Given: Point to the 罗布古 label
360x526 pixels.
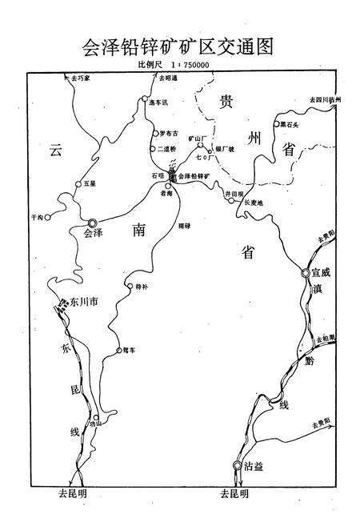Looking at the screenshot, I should click(x=169, y=134).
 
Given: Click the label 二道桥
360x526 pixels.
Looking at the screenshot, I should click(x=168, y=149).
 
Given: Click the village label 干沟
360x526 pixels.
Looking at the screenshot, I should click(x=35, y=216).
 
